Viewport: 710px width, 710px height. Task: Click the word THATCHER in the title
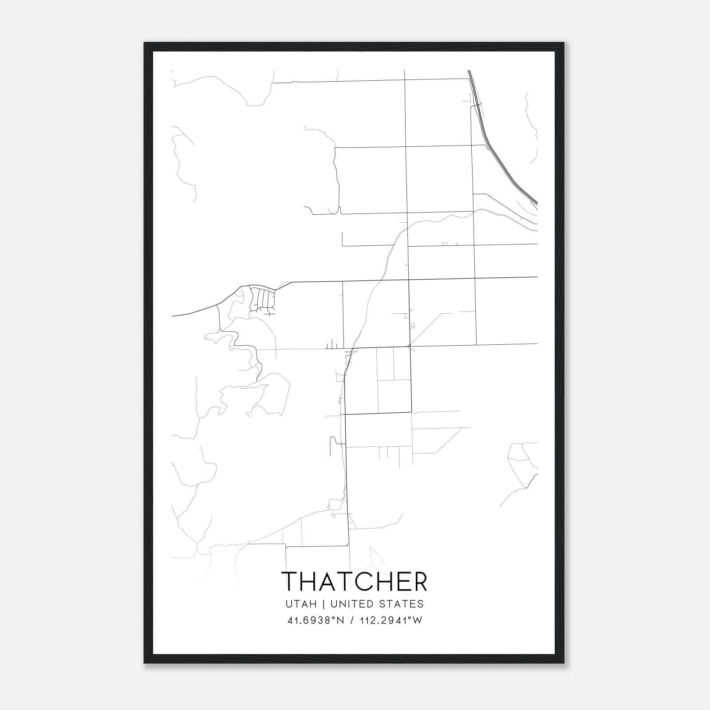tap(354, 582)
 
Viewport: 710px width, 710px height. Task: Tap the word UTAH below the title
tap(301, 604)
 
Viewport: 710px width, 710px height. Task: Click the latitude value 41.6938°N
tap(316, 620)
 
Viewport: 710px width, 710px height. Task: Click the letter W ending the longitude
tap(418, 620)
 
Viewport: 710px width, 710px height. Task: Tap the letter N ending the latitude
tap(341, 620)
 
